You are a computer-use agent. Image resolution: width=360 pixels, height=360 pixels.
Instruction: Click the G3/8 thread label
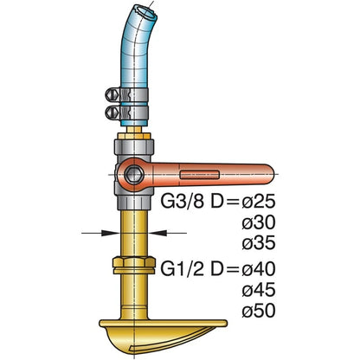[183, 202]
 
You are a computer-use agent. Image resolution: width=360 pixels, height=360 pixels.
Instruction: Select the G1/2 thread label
[183, 269]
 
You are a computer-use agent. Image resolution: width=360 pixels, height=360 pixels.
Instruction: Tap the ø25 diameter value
[259, 202]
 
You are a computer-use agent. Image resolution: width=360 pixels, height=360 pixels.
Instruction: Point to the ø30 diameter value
[259, 222]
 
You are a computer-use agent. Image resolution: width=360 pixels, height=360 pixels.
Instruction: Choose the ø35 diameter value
[259, 243]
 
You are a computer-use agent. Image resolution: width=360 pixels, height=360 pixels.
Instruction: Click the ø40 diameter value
[259, 269]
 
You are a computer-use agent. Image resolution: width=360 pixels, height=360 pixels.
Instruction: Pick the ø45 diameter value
[259, 290]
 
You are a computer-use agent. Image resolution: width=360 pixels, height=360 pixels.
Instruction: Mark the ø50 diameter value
[259, 311]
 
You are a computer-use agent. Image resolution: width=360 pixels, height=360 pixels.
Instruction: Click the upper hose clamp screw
[112, 94]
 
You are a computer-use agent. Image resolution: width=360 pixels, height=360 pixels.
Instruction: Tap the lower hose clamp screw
[112, 112]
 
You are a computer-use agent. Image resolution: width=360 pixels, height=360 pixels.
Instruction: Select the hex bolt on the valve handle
[134, 174]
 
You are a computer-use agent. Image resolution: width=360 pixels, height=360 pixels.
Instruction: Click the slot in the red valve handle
[200, 175]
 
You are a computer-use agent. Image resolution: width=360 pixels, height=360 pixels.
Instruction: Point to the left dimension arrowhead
[110, 233]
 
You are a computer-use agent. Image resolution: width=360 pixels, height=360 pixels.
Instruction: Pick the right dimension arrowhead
[157, 233]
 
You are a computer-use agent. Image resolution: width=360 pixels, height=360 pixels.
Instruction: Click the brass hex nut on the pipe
[134, 265]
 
